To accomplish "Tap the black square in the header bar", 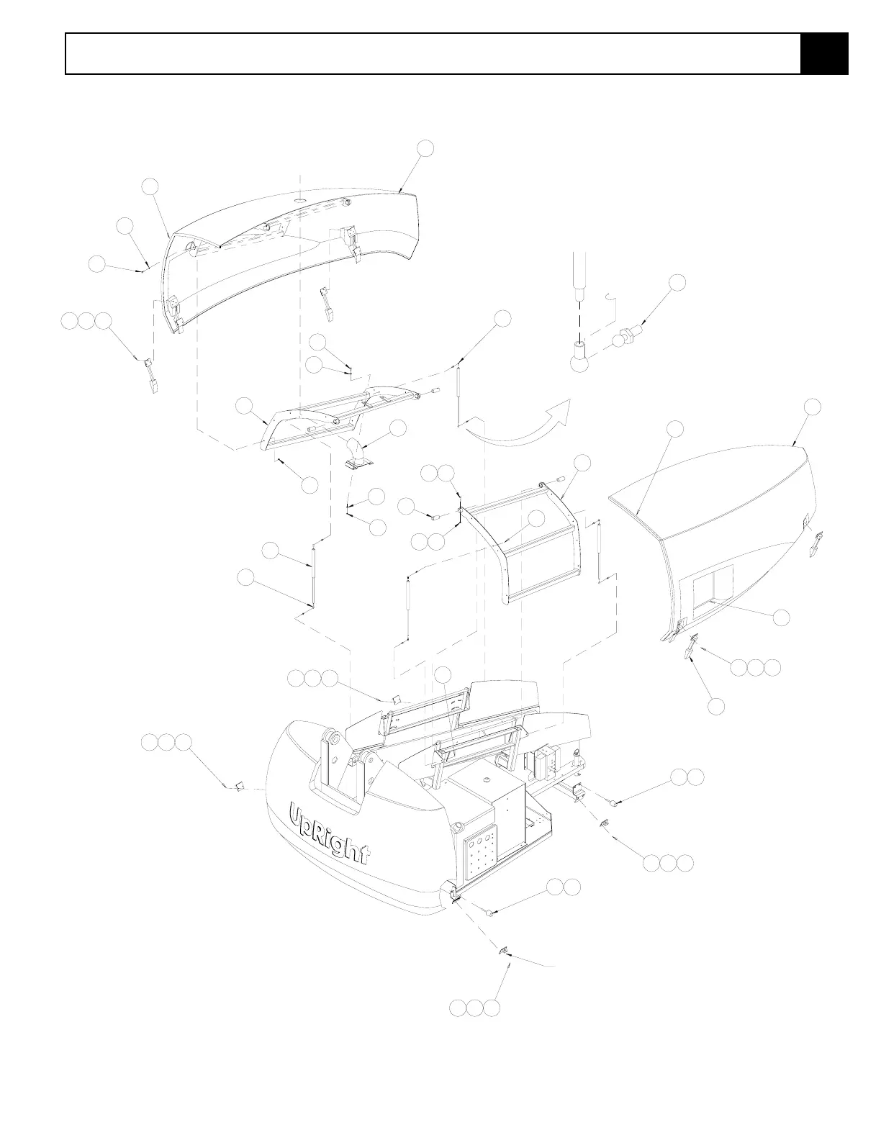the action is click(824, 53).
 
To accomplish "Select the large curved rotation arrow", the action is click(516, 424).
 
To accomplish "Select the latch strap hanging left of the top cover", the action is click(152, 375).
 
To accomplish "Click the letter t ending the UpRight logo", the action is click(366, 854).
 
